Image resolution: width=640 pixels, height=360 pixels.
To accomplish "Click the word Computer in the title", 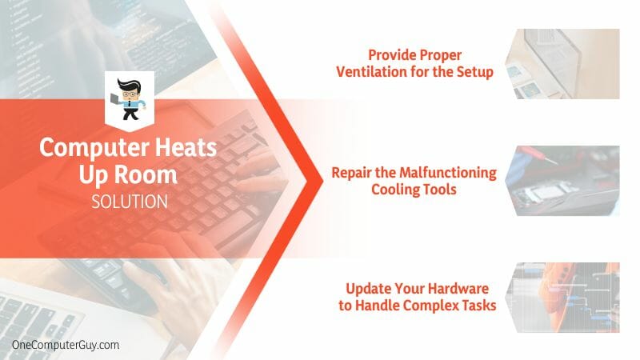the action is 94,149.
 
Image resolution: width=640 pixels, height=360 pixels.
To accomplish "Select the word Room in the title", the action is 146,174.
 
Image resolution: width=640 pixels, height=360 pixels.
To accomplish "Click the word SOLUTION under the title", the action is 130,202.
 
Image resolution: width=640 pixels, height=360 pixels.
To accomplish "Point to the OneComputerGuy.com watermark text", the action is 66,345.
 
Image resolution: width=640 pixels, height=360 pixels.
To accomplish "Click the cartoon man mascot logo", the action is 130,99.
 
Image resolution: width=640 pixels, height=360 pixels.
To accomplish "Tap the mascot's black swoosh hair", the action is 129,85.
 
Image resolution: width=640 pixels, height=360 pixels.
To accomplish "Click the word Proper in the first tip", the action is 440,55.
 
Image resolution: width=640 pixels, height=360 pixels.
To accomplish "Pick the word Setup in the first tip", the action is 474,72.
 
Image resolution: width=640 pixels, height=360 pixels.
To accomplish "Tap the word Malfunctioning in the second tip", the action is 448,173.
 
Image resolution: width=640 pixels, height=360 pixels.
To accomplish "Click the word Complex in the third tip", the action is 434,306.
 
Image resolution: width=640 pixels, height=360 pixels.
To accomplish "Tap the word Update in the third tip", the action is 364,289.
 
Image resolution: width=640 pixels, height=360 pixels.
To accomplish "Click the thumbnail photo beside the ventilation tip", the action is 562,64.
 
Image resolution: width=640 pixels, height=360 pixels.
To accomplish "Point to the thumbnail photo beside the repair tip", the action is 562,181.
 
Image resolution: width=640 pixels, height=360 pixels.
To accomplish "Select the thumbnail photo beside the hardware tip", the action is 562,298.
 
